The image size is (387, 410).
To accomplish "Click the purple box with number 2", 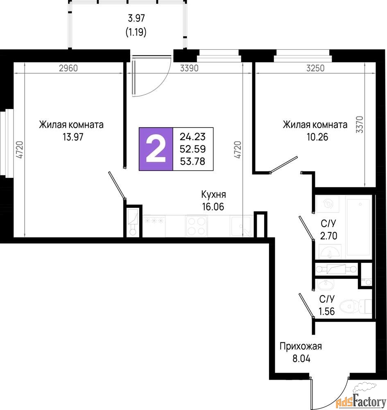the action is [x=156, y=149].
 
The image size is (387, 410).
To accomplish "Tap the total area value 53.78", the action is [x=193, y=161].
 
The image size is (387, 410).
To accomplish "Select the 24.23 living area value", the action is [x=193, y=137].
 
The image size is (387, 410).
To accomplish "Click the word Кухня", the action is [x=214, y=194].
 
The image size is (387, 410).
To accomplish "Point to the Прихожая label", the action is [x=301, y=346].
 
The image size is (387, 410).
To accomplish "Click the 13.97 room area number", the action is [x=73, y=137].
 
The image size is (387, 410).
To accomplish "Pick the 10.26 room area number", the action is [x=317, y=137].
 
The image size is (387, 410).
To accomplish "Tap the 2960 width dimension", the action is [x=68, y=68].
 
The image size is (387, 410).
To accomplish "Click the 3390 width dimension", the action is [x=189, y=68].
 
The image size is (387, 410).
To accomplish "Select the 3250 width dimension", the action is [x=315, y=68].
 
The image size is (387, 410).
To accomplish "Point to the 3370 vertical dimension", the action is [x=360, y=125].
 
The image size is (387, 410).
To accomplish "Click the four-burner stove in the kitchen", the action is [x=197, y=226].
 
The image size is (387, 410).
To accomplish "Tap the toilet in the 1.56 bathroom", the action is [x=355, y=306].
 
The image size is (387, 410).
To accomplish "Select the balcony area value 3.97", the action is [x=136, y=18].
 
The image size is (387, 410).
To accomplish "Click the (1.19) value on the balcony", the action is [x=136, y=32].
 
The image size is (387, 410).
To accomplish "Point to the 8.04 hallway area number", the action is [x=301, y=358].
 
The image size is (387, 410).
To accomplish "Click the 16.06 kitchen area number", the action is [x=213, y=207].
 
